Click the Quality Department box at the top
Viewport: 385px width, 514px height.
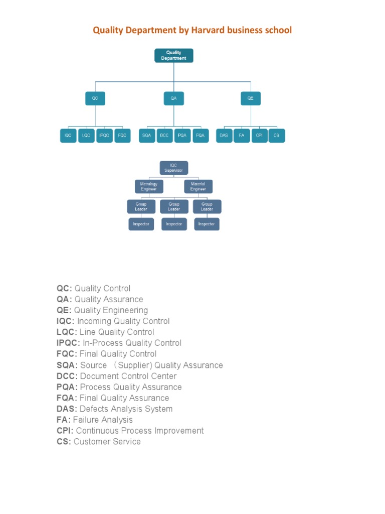(x=173, y=55)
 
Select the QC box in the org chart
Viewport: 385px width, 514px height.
(x=95, y=98)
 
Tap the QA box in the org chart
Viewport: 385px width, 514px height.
(x=173, y=98)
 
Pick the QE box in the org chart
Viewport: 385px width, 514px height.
(x=251, y=98)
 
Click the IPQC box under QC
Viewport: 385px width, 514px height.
(x=104, y=136)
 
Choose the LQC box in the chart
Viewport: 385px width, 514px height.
(x=87, y=136)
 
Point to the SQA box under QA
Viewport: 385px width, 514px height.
(x=147, y=136)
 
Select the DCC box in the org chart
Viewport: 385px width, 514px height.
(x=164, y=136)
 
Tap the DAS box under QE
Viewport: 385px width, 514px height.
(x=224, y=136)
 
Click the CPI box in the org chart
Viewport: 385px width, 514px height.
(x=259, y=136)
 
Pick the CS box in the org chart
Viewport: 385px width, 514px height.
(x=277, y=136)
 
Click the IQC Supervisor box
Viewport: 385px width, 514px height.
(x=173, y=168)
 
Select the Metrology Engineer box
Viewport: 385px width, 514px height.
(x=149, y=186)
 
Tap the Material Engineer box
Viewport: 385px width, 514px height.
(x=198, y=186)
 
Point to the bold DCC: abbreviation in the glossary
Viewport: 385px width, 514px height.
(x=67, y=376)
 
